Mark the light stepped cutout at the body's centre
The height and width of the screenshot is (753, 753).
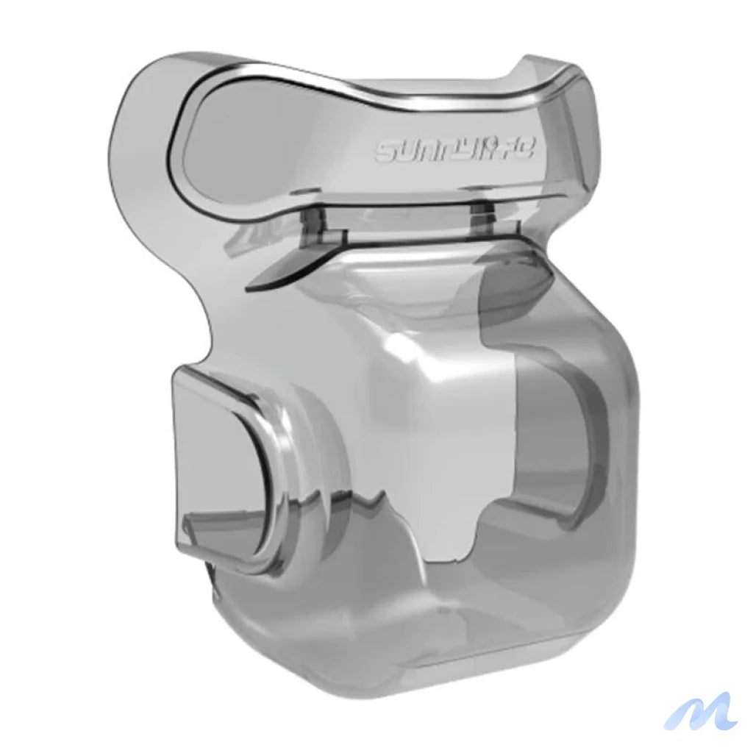(478, 471)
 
